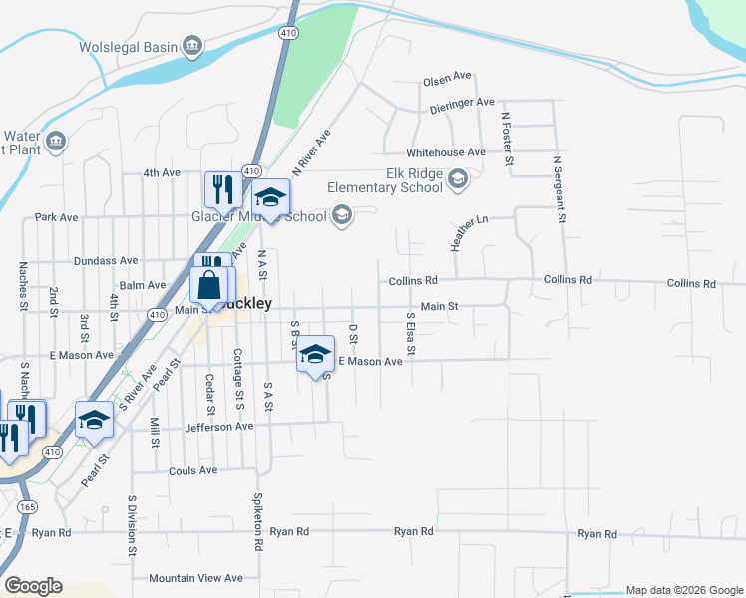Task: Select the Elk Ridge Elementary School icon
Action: [x=458, y=180]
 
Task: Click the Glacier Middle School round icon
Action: [x=343, y=216]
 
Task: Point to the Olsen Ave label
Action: [x=446, y=77]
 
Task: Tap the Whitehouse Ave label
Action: [x=445, y=152]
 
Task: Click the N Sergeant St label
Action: [x=561, y=188]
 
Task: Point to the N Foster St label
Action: [x=507, y=138]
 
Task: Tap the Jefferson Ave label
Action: [x=219, y=427]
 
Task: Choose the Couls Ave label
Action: [x=193, y=470]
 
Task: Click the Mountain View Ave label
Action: [x=195, y=578]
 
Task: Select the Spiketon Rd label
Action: [x=256, y=522]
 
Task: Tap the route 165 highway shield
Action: [x=26, y=507]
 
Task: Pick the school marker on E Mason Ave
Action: [x=316, y=354]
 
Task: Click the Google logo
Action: [x=33, y=586]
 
